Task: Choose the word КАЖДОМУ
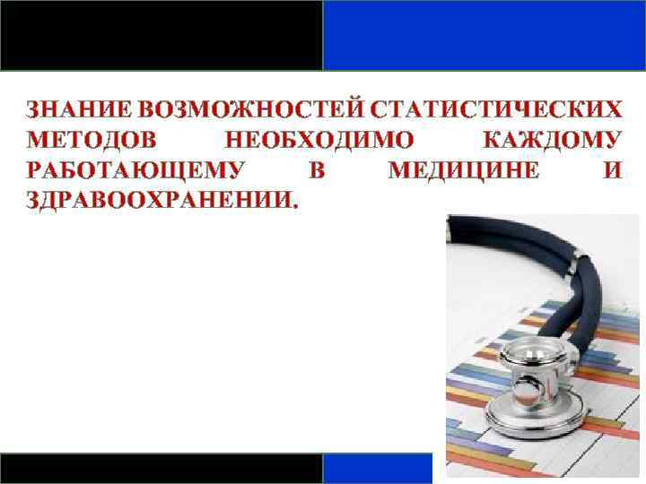coord(550,141)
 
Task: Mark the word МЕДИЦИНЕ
coord(464,170)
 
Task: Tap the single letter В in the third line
coord(316,170)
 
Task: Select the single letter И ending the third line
coord(611,170)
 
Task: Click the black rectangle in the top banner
coord(161,35)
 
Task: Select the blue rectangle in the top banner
coord(484,35)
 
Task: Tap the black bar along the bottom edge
coord(161,469)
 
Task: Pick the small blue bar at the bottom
coord(377,469)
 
